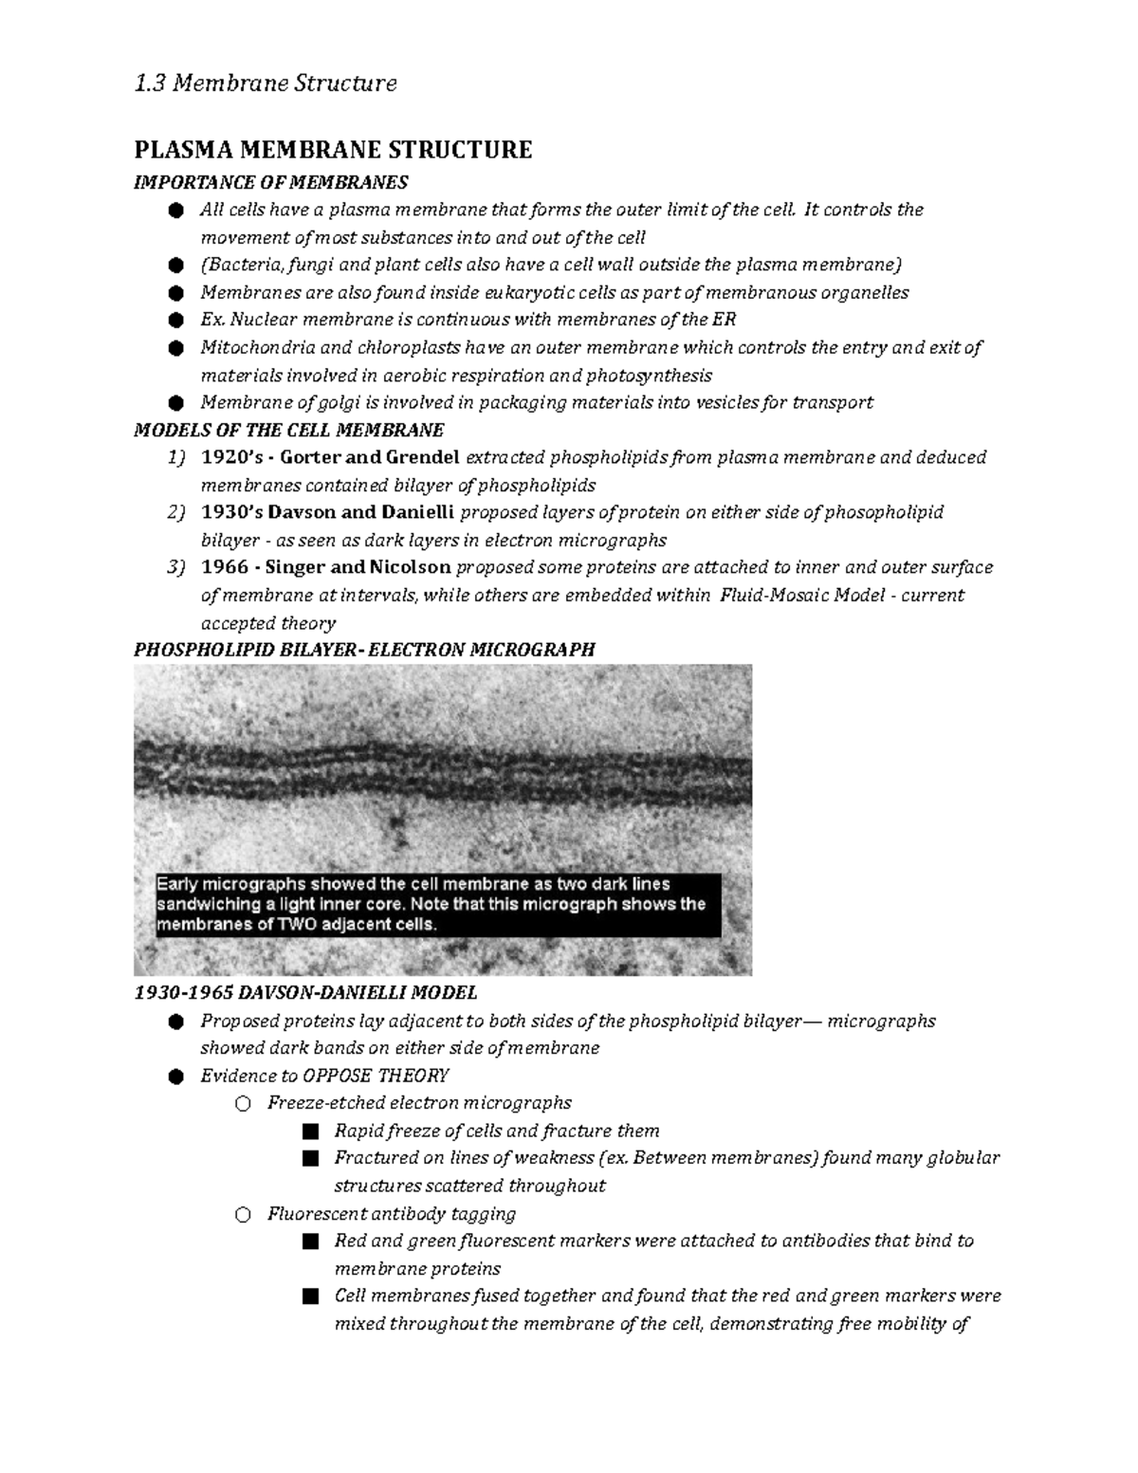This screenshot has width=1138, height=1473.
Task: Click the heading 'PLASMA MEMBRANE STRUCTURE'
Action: point(333,150)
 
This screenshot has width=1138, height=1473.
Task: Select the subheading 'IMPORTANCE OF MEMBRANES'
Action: point(271,182)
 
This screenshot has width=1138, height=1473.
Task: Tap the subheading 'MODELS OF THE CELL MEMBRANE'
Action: point(288,430)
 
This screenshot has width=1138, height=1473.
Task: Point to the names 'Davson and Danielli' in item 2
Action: point(362,512)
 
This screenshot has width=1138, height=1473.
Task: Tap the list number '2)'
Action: point(176,512)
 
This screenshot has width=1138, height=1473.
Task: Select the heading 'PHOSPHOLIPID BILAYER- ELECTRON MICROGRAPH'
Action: point(364,650)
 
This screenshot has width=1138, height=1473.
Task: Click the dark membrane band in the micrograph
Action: point(442,768)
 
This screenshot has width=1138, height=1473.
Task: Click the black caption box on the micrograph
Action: point(436,904)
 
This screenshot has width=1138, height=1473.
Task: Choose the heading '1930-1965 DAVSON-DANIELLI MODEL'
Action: point(305,993)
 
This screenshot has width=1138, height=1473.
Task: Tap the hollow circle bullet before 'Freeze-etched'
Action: point(243,1103)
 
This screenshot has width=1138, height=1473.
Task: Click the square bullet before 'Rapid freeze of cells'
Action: point(309,1132)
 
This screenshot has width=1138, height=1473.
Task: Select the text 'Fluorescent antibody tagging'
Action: point(392,1213)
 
